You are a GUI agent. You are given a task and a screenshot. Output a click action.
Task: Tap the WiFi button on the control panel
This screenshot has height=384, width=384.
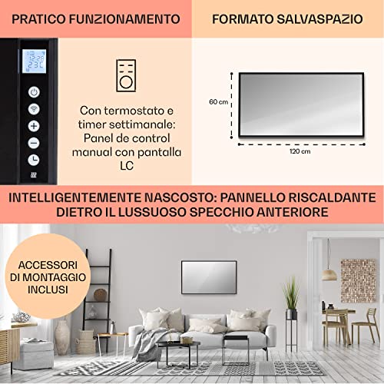point(35,108)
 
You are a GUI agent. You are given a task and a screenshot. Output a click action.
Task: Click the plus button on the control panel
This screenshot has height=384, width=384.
point(35,125)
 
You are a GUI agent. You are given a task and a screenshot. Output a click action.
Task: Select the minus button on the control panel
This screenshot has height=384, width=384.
point(35,142)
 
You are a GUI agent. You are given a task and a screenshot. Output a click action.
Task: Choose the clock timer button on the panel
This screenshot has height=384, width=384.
point(35,159)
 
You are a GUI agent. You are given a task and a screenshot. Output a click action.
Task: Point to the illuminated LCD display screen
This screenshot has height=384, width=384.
point(35,61)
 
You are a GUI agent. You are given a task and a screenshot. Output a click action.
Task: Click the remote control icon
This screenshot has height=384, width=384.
point(125,74)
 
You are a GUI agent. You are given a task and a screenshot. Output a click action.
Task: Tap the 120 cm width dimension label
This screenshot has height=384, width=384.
point(300,151)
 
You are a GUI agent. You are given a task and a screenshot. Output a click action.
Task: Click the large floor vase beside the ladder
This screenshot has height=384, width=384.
point(63,336)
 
